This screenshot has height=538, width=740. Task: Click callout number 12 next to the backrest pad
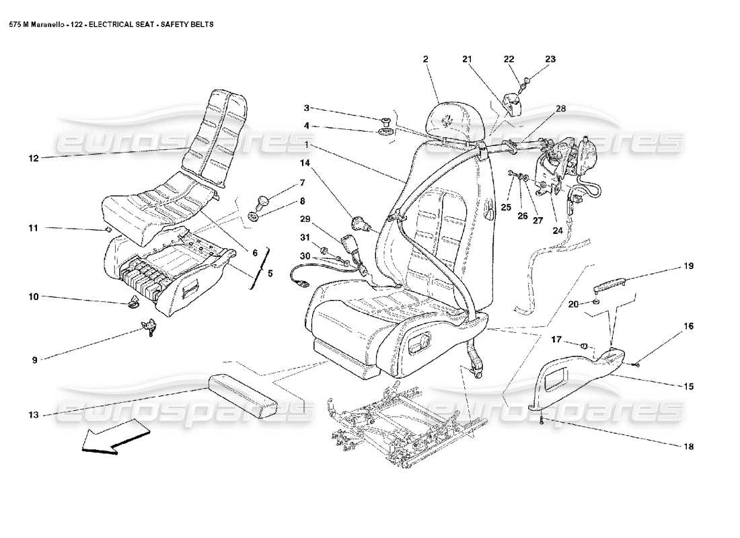33,159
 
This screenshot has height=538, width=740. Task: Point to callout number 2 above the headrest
425,60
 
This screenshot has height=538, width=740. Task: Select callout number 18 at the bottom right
688,447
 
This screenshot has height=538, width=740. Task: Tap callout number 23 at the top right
550,60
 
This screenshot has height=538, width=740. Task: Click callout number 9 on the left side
34,360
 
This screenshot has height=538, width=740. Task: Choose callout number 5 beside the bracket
270,274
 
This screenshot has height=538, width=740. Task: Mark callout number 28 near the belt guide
560,108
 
